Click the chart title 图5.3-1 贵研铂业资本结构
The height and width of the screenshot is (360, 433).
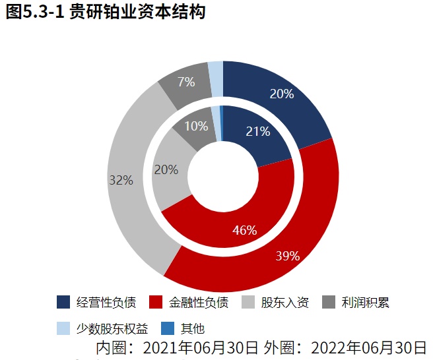pyautogui.click(x=105, y=13)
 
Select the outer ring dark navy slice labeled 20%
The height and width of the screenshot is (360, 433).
pyautogui.click(x=290, y=105)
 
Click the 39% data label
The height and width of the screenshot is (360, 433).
pyautogui.click(x=288, y=256)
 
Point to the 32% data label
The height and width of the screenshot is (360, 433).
pyautogui.click(x=121, y=179)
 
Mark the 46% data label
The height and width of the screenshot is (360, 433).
pyautogui.click(x=245, y=230)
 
